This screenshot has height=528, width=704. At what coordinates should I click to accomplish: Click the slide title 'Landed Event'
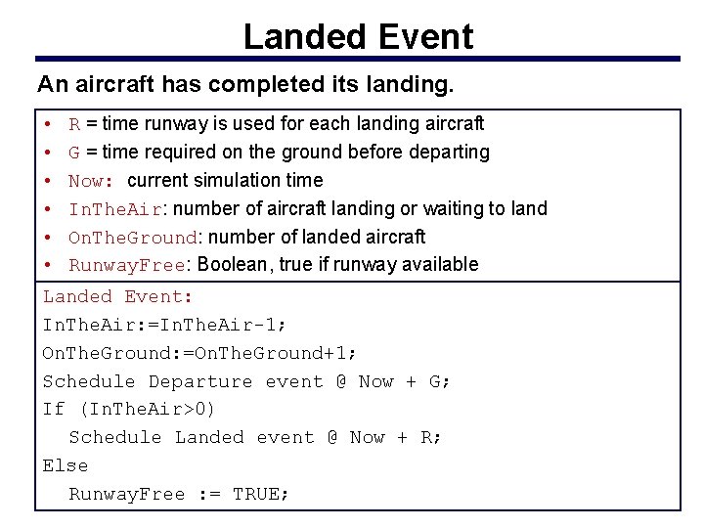[358, 36]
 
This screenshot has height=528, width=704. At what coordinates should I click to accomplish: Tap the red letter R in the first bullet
[74, 124]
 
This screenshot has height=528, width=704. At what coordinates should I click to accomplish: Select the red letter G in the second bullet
[74, 153]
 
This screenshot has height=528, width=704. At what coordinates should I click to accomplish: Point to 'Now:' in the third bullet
[93, 181]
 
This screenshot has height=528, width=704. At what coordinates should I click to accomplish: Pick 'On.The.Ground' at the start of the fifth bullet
[133, 238]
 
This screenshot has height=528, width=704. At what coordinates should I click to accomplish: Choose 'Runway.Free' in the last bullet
[126, 265]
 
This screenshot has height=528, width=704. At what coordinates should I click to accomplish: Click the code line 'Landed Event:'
[118, 297]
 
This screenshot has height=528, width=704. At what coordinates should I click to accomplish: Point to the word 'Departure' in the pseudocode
[199, 381]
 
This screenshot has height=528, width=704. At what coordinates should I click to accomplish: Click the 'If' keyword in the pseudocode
[53, 409]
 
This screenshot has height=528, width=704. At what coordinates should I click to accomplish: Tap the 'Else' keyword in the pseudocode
[65, 465]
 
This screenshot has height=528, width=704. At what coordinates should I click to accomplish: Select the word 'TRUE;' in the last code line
[261, 494]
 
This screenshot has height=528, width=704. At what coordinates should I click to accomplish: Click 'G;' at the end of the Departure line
[440, 381]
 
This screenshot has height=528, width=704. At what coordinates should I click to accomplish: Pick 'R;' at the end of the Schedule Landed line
[431, 437]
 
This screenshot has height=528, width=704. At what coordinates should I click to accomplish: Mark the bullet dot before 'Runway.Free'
[48, 265]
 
